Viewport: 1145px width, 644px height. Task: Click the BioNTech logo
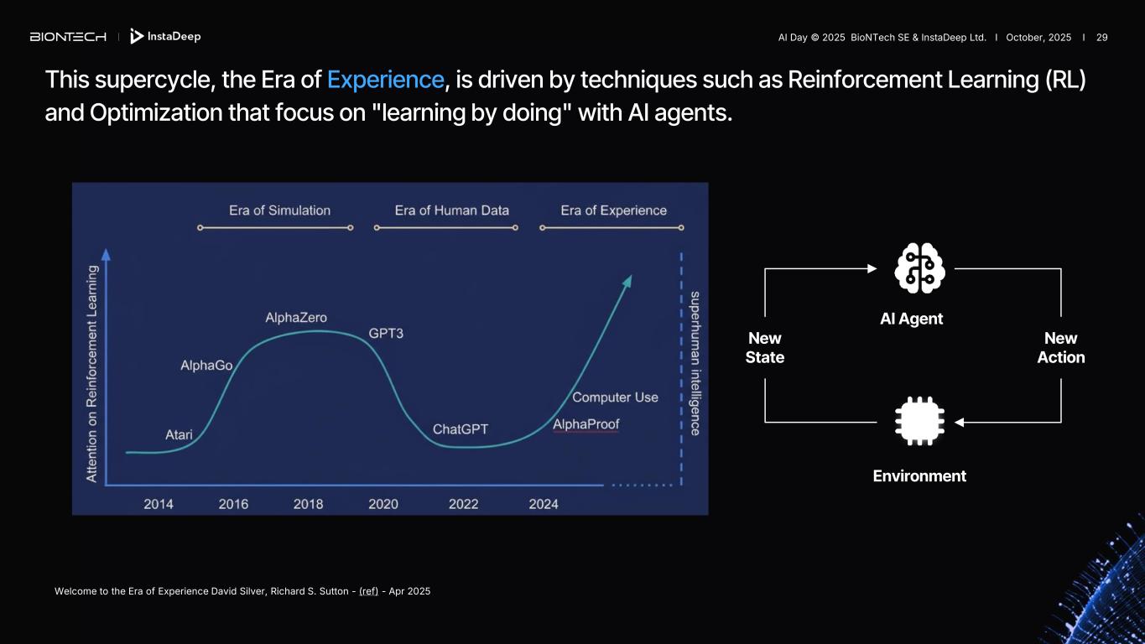click(x=68, y=37)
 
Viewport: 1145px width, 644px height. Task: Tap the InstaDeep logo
click(x=165, y=36)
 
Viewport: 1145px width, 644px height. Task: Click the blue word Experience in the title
click(x=385, y=80)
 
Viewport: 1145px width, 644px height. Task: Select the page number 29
click(x=1102, y=37)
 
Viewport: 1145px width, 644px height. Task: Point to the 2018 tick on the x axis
click(x=308, y=504)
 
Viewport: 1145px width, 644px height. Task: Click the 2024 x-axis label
click(x=544, y=504)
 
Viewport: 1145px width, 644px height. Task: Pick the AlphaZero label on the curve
click(x=296, y=318)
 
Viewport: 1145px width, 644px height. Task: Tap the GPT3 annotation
click(x=386, y=333)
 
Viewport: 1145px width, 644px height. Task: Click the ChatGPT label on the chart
click(x=461, y=428)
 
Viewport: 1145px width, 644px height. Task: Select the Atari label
click(x=179, y=434)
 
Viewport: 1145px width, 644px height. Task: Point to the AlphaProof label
click(x=586, y=424)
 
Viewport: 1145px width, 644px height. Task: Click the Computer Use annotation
click(x=615, y=397)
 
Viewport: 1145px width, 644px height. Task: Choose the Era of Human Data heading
click(x=452, y=210)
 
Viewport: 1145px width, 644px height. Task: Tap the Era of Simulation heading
click(x=279, y=210)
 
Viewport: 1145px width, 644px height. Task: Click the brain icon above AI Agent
click(x=919, y=268)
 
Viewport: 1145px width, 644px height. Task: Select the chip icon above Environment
click(x=919, y=421)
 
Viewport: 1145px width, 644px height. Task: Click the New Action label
click(x=1060, y=347)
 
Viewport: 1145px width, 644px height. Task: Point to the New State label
click(x=765, y=347)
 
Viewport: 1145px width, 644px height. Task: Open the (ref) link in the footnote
click(x=368, y=591)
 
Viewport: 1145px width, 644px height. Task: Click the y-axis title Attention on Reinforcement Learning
click(x=92, y=374)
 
